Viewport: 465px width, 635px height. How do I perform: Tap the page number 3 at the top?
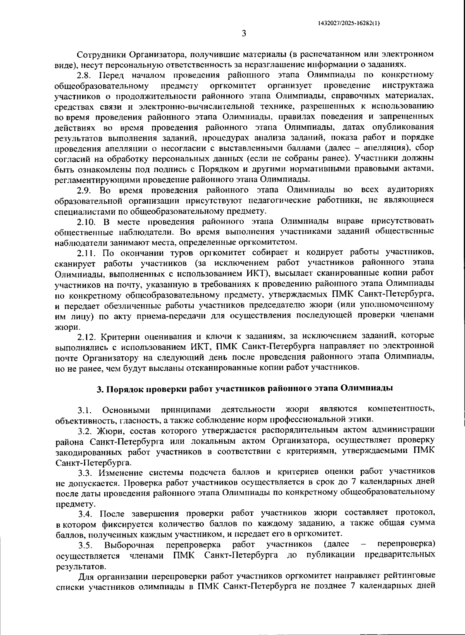(244, 34)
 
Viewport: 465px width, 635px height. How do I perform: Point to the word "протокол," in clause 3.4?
(415, 514)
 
